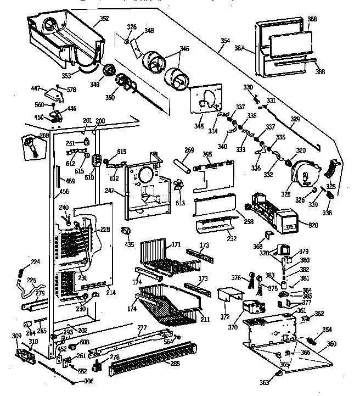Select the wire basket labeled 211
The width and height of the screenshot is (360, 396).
(165, 305)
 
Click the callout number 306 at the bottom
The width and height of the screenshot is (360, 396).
(88, 381)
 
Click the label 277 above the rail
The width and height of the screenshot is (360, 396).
(142, 328)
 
